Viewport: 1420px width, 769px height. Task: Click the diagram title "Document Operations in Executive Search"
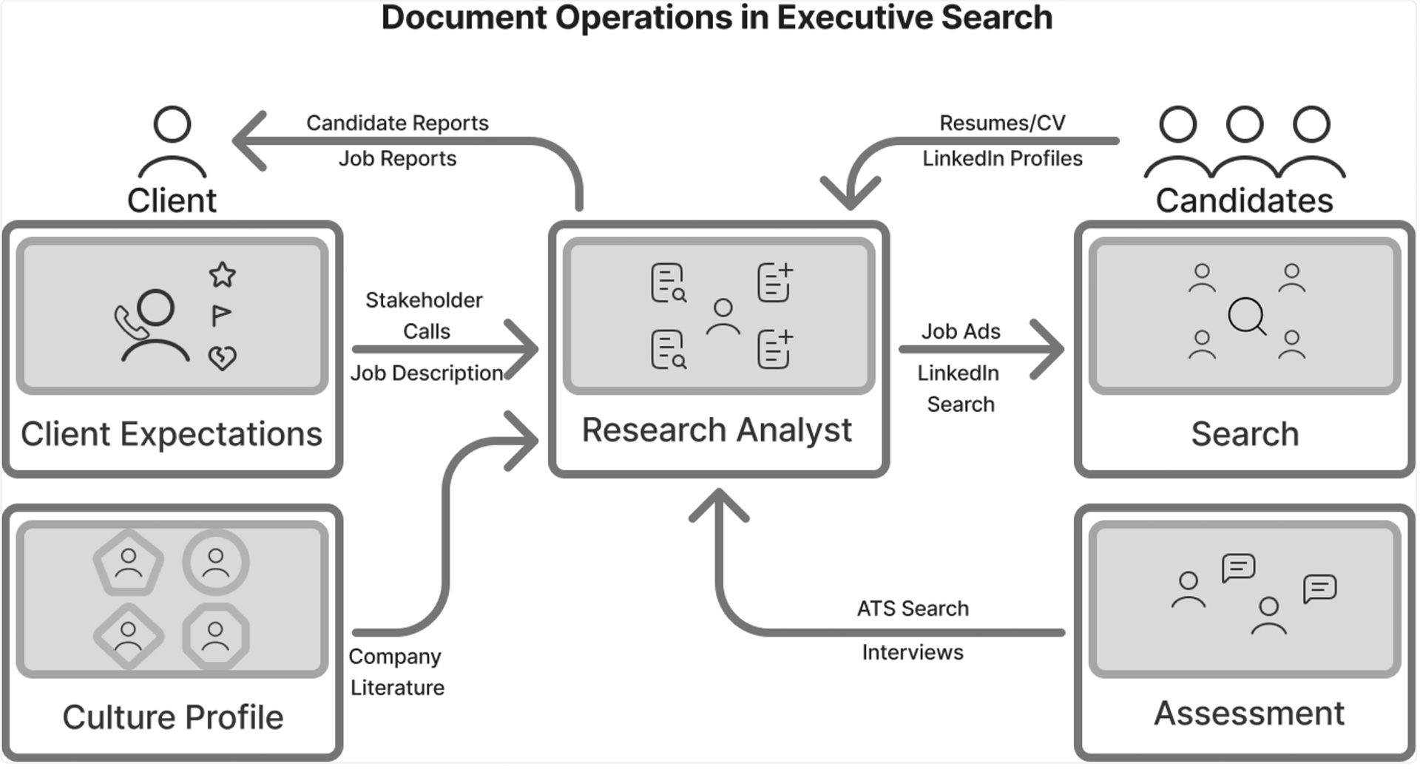pos(716,18)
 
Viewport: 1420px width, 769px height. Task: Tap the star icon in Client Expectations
pos(223,275)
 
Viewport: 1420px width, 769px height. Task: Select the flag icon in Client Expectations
pos(220,316)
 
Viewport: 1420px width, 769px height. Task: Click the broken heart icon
pos(222,358)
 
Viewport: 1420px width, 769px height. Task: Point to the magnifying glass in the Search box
pos(1247,316)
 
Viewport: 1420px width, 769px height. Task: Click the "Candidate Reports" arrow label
pos(397,123)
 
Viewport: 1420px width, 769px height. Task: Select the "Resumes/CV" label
pos(1002,123)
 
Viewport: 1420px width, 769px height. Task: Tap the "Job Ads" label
pos(961,331)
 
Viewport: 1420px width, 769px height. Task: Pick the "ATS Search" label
pos(913,609)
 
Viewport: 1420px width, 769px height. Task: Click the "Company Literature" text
pos(396,671)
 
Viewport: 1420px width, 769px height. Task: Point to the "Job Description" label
pos(427,373)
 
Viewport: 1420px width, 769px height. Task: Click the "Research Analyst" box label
pos(717,430)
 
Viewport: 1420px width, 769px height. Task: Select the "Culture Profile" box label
pos(173,717)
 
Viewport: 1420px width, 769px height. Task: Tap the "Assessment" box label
pos(1249,714)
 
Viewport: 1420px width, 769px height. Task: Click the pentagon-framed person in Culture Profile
pos(129,563)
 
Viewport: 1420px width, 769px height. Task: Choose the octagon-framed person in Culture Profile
pos(216,636)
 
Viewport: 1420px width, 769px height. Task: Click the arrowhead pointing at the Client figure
pos(248,140)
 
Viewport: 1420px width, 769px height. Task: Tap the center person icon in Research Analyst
pos(723,316)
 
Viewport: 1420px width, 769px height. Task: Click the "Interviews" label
pos(913,652)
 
